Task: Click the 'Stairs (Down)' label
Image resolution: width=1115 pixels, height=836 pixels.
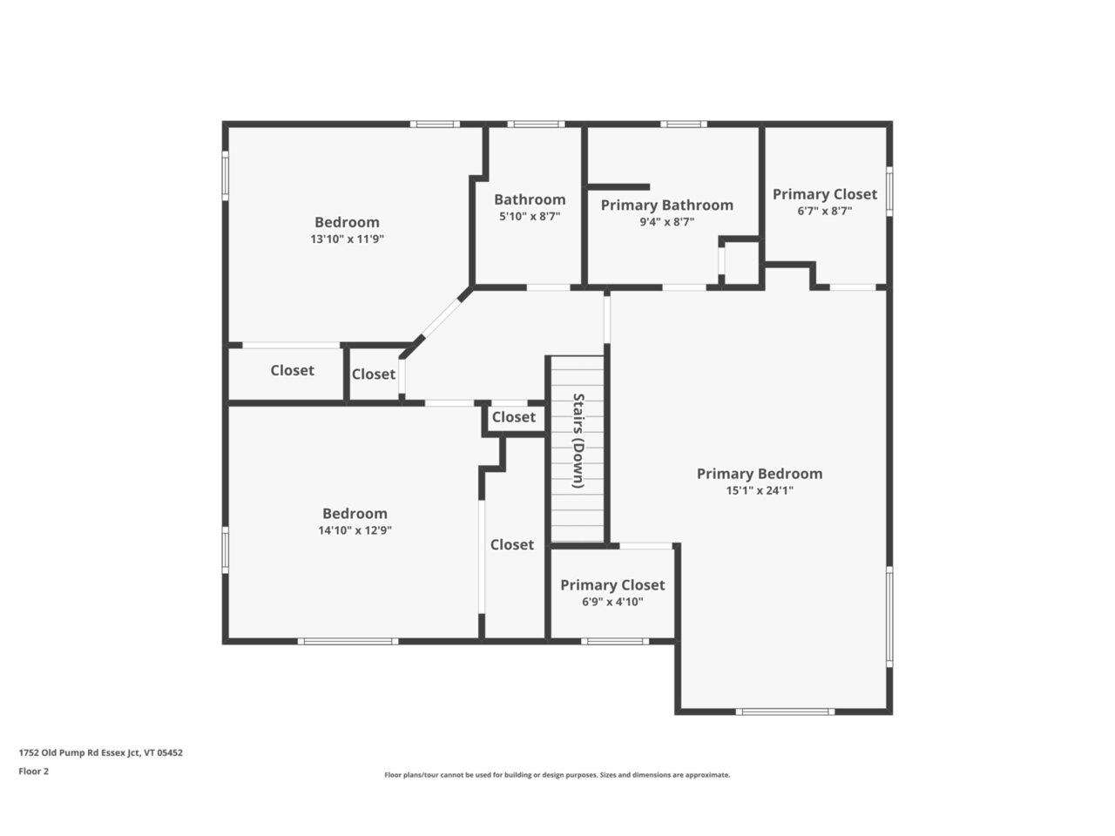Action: (578, 441)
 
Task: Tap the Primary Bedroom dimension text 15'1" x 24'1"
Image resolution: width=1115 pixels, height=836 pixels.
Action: (760, 491)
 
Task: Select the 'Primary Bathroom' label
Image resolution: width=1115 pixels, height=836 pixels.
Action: (666, 206)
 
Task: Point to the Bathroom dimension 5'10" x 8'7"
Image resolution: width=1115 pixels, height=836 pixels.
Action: (529, 217)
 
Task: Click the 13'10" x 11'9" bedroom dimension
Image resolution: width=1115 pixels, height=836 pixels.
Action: (347, 239)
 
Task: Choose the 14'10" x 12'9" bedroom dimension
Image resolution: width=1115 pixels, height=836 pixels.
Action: (355, 530)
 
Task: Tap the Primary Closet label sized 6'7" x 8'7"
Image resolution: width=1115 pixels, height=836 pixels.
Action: (824, 195)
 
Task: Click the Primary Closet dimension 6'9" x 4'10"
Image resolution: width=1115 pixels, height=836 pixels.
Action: (612, 602)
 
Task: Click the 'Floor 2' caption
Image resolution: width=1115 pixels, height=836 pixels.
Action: (34, 771)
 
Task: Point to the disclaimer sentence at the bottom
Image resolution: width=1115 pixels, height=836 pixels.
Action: (557, 775)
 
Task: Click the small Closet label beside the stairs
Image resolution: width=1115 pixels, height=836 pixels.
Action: (513, 417)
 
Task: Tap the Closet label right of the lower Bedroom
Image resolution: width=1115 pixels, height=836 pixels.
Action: (511, 544)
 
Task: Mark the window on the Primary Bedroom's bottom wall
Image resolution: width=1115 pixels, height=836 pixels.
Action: (785, 711)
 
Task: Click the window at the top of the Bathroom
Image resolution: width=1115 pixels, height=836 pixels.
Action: (536, 125)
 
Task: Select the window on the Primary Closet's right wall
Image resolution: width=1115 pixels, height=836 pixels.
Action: (889, 190)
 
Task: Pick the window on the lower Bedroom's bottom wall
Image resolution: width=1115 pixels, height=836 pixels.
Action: (348, 642)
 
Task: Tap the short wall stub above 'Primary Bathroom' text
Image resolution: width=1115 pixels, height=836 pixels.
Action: (618, 186)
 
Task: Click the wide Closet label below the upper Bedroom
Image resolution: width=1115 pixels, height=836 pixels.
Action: (292, 371)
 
